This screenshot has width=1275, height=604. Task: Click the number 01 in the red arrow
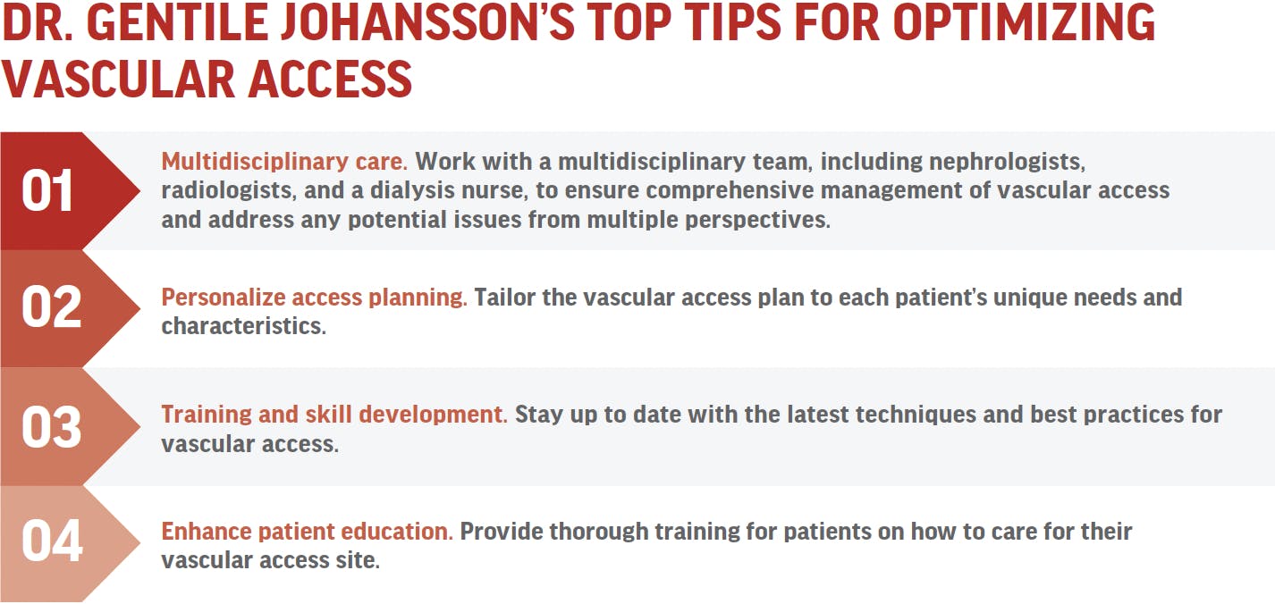point(47,191)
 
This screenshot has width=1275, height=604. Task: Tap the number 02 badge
point(51,307)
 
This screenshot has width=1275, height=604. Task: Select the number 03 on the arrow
point(51,426)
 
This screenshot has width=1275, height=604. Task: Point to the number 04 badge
point(52,541)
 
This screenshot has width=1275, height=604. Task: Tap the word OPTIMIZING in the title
point(1024,22)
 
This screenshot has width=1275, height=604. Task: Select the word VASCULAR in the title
point(118,80)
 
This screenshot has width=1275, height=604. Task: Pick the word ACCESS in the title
point(330,80)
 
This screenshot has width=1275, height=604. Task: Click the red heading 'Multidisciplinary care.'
point(284,162)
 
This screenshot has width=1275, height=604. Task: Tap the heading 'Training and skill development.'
point(334,415)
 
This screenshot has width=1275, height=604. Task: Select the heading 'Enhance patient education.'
point(308,532)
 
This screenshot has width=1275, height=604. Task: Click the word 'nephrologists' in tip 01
point(1007,162)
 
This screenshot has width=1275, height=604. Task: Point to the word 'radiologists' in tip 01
point(229,190)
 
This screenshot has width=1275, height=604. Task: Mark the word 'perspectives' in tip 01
point(757,220)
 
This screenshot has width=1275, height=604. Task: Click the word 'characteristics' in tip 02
point(243,326)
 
